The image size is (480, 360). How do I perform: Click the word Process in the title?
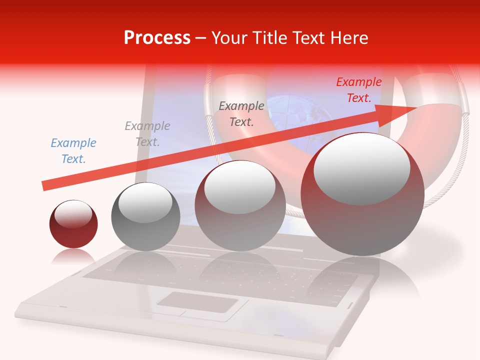157,37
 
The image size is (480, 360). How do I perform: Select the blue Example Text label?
73,151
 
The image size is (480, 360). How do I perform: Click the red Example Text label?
358,90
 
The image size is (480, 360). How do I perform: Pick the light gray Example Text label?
147,134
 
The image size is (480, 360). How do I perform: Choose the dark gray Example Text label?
241,113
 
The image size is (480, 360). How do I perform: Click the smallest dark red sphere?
73,224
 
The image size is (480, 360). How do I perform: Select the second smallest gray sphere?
145,217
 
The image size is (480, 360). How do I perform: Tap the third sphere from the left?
240,205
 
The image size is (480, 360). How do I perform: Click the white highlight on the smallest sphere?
73,214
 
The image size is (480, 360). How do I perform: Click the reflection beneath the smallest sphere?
73,257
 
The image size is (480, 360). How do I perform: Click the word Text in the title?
310,37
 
